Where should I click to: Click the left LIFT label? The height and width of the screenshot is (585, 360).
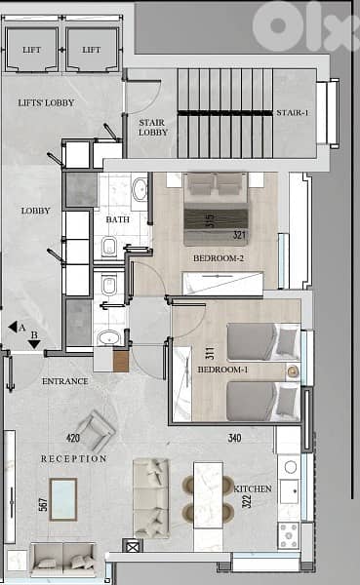click(x=32, y=50)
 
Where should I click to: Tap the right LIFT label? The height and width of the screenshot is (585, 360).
click(x=92, y=50)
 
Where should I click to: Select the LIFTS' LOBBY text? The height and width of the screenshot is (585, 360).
click(x=46, y=102)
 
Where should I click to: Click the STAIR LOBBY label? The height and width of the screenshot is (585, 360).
click(x=153, y=127)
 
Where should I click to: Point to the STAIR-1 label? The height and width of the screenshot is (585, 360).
click(x=293, y=112)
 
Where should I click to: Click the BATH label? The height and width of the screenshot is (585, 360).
click(x=118, y=219)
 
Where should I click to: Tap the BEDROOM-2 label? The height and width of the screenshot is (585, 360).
click(x=219, y=257)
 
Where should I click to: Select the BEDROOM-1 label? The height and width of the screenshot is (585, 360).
click(x=223, y=370)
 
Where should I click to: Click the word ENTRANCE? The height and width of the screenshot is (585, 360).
click(x=65, y=381)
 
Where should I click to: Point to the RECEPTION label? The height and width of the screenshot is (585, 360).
click(x=74, y=458)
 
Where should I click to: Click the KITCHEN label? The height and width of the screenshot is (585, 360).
click(x=253, y=488)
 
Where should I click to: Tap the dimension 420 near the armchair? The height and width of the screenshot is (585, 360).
click(x=73, y=438)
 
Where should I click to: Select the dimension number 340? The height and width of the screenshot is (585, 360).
click(x=234, y=438)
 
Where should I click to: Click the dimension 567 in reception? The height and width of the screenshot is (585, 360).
click(x=44, y=504)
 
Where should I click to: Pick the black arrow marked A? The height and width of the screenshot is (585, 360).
click(x=13, y=327)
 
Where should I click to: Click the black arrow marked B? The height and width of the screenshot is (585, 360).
click(x=34, y=344)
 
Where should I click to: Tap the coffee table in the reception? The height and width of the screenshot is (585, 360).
click(x=63, y=499)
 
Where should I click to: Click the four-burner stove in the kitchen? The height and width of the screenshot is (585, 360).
click(x=289, y=535)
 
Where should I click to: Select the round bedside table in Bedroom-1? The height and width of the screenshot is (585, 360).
click(x=292, y=371)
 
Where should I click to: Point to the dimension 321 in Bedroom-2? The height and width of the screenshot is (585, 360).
click(x=240, y=235)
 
